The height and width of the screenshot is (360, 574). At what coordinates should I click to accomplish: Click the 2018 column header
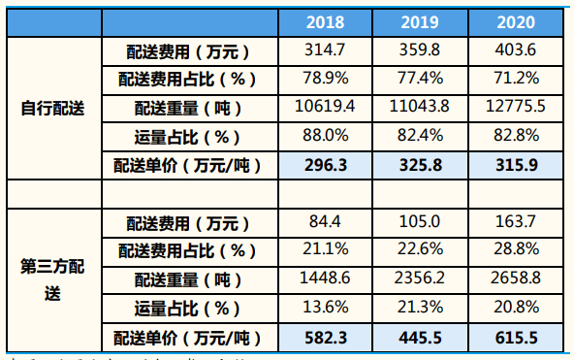(328, 22)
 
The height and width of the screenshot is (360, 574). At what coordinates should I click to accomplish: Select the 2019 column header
(420, 22)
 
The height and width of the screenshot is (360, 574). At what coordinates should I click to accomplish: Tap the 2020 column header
(515, 22)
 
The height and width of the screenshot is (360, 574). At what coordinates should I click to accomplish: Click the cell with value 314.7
(328, 49)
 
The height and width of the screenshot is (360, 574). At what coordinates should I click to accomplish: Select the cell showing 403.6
(515, 49)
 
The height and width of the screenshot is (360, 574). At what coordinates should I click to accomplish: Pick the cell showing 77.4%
(420, 78)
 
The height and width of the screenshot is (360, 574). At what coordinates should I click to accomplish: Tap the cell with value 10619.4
(328, 107)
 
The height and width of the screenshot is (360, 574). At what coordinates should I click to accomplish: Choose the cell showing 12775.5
(515, 107)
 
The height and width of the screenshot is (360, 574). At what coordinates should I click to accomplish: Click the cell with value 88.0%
(328, 136)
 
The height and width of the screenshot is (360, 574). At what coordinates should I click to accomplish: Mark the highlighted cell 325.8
(420, 165)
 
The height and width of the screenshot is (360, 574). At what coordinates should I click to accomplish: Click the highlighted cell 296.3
(328, 165)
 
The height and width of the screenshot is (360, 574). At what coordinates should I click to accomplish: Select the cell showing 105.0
(420, 222)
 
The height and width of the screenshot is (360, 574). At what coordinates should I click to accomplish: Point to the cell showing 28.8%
(515, 250)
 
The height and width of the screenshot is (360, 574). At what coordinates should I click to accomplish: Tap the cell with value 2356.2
(420, 279)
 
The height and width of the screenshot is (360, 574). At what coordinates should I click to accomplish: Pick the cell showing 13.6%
(328, 309)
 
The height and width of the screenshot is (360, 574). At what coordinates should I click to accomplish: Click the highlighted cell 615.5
(515, 338)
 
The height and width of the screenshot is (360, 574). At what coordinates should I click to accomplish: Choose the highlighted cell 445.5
(420, 338)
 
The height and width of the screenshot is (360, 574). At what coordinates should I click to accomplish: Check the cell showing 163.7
(515, 222)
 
